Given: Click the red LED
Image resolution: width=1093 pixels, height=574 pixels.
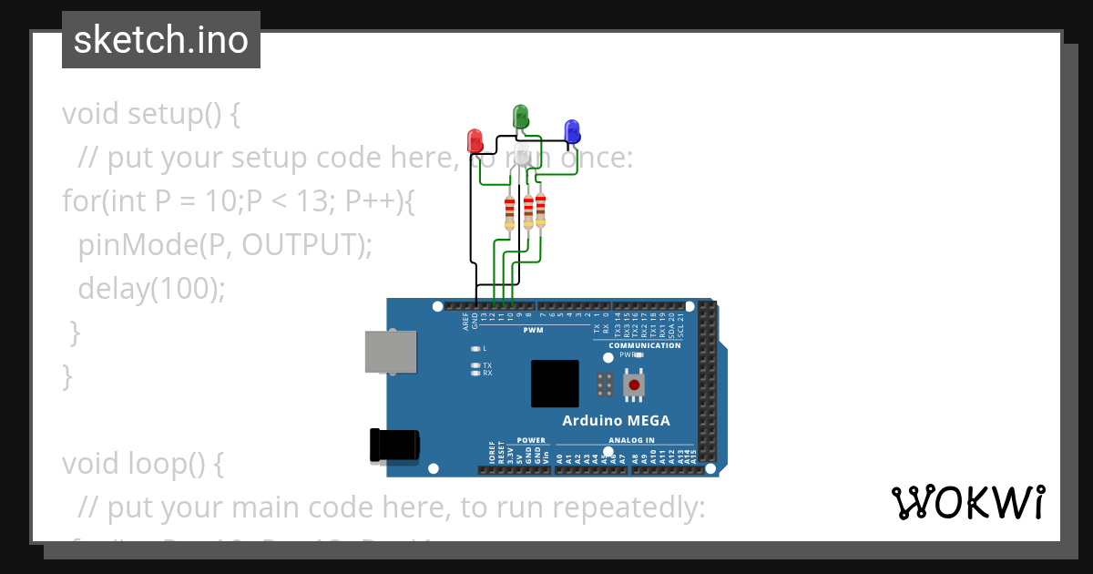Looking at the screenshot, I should click(x=475, y=140).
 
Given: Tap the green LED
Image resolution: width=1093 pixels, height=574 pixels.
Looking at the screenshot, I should click(x=520, y=116).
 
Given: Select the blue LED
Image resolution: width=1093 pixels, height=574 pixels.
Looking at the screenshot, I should click(x=572, y=131).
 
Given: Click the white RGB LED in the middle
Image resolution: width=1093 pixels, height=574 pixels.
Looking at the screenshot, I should click(x=522, y=156).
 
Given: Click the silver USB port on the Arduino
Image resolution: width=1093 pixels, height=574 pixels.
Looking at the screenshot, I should click(x=391, y=352).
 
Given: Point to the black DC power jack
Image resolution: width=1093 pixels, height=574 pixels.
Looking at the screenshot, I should click(x=394, y=445).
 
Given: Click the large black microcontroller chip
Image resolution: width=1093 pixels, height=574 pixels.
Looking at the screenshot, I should click(x=555, y=384).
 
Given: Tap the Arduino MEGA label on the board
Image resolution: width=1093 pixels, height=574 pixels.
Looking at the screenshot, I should click(x=616, y=421).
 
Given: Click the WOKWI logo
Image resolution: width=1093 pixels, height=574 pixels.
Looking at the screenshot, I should click(x=967, y=503).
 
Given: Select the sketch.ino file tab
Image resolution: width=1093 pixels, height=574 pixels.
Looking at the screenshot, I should click(x=161, y=40).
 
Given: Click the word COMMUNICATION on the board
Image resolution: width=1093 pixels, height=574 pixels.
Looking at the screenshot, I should click(x=644, y=345).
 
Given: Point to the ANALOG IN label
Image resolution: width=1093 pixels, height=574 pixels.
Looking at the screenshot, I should click(x=624, y=441).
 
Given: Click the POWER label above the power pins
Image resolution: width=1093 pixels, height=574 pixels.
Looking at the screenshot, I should click(x=531, y=441).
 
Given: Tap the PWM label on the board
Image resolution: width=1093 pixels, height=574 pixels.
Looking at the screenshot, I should click(x=533, y=330).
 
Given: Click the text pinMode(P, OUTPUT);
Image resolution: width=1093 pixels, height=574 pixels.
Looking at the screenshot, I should click(x=225, y=244).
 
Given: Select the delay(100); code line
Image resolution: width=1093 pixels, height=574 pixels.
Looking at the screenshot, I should click(x=150, y=288).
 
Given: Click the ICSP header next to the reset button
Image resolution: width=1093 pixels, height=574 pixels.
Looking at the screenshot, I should click(x=604, y=384).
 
